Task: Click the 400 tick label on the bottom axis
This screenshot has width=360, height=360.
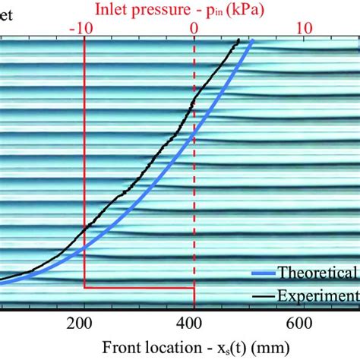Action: (x=194, y=321)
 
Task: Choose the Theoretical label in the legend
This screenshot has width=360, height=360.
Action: (x=318, y=272)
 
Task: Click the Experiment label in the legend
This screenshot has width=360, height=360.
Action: (x=318, y=295)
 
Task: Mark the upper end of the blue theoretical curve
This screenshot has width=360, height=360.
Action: (x=251, y=41)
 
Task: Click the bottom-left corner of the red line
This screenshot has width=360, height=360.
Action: (x=84, y=287)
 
